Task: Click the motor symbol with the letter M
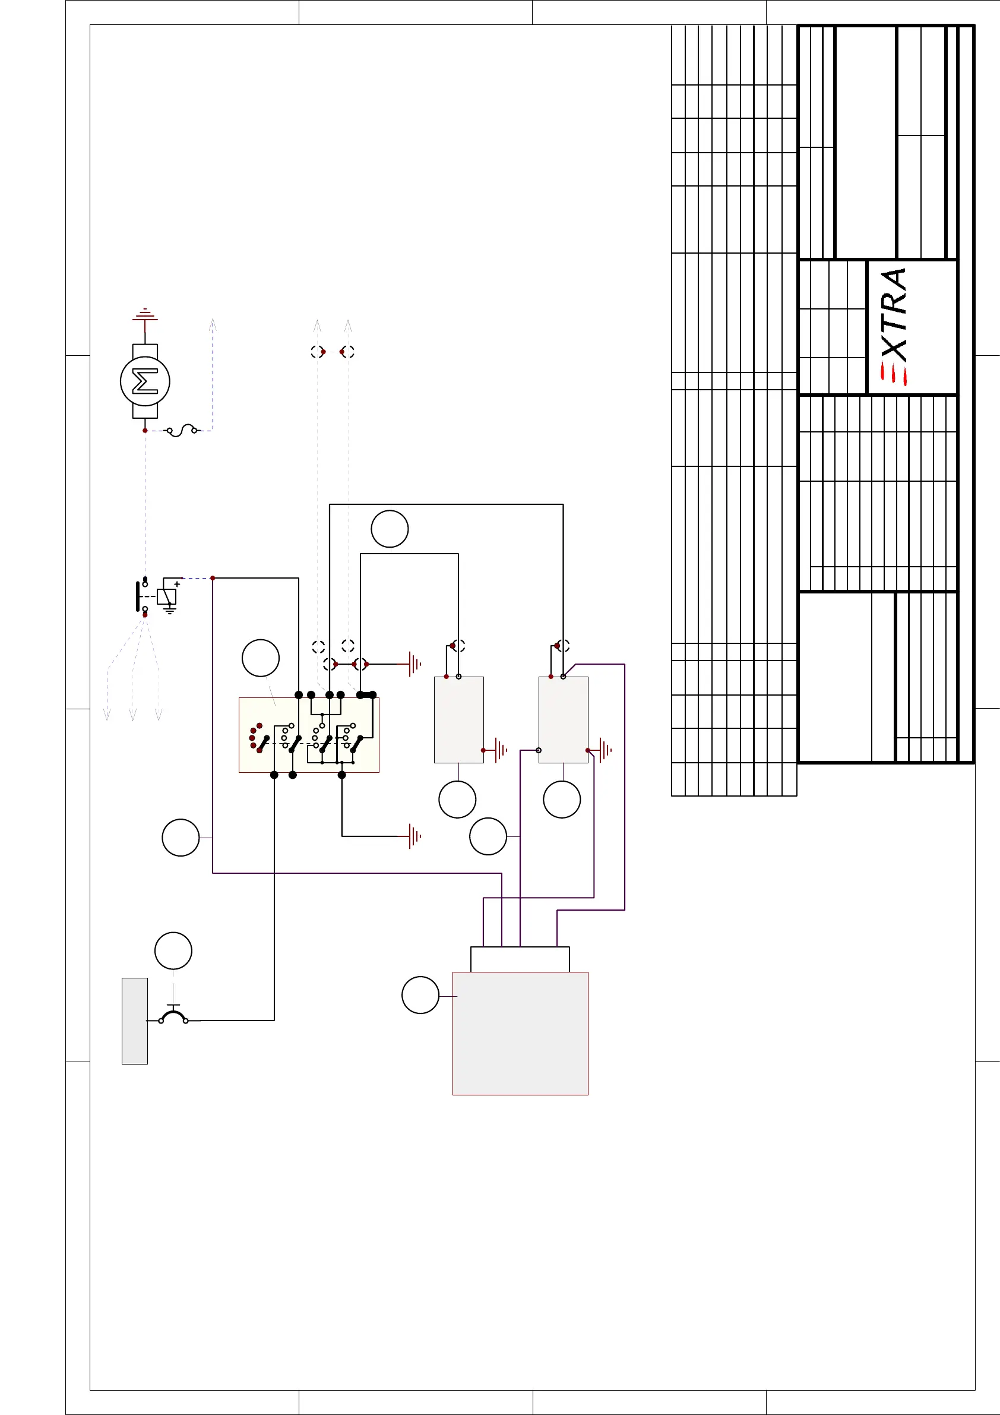pos(145,381)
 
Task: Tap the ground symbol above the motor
pos(145,315)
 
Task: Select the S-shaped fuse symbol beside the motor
pos(182,430)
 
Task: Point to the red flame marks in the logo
pos(893,374)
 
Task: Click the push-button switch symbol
pos(174,1015)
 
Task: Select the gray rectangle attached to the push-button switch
pos(134,1021)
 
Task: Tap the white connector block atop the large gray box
pos(520,959)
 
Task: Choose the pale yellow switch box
pos(309,735)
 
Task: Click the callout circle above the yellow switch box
pos(261,658)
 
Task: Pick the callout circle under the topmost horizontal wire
pos(390,529)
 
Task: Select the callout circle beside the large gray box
pos(420,994)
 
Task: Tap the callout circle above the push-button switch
pos(173,950)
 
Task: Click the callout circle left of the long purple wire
pos(181,838)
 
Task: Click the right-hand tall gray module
pos(563,720)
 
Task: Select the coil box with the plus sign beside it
pos(166,596)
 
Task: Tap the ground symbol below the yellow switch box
pos(414,836)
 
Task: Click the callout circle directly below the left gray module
pos(457,800)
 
